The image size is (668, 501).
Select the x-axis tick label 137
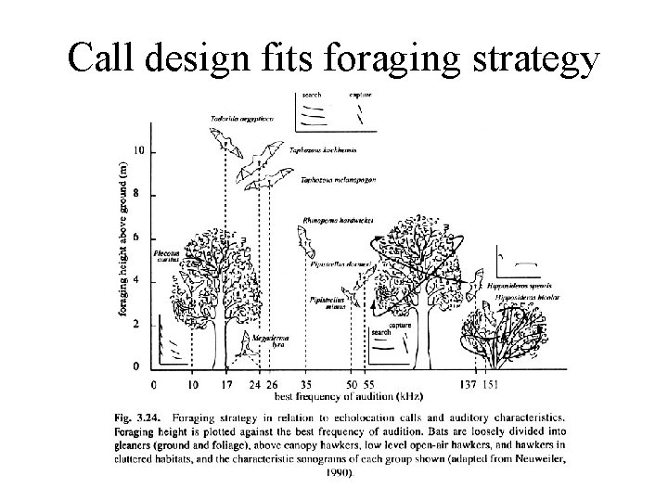pos(468,383)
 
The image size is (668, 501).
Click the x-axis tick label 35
pos(307,383)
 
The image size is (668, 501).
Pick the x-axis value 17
pos(226,383)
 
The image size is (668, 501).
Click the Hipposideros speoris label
pos(509,287)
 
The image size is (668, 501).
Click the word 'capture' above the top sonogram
pos(361,95)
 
